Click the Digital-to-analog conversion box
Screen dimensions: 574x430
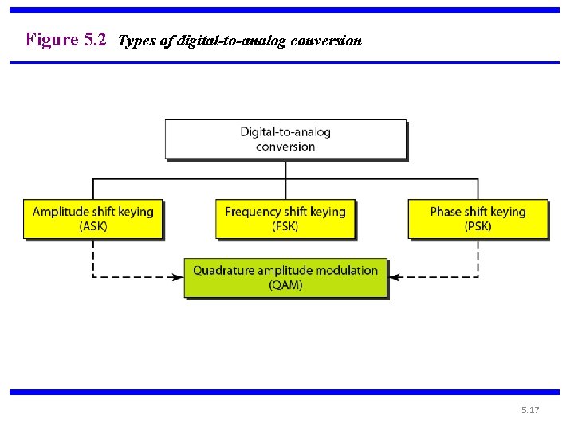click(x=285, y=139)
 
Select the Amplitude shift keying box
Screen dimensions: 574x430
click(x=93, y=219)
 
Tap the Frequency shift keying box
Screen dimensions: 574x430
click(x=285, y=219)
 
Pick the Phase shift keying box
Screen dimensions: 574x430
click(x=478, y=219)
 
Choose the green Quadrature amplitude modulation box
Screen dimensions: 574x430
click(x=285, y=278)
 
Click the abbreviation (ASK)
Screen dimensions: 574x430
click(x=93, y=226)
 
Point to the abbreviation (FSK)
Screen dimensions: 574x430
click(x=285, y=226)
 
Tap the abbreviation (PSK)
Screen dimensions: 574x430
click(x=478, y=226)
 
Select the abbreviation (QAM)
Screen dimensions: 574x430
click(x=285, y=285)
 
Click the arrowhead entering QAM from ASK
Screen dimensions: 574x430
click(x=179, y=277)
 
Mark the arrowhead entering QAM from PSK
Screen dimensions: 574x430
click(x=394, y=277)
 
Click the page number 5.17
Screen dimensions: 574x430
click(x=530, y=410)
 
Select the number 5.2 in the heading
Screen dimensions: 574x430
click(x=95, y=39)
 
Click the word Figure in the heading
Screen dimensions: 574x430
click(x=52, y=40)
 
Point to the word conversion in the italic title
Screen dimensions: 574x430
click(x=326, y=41)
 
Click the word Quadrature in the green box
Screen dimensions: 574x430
click(x=223, y=271)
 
